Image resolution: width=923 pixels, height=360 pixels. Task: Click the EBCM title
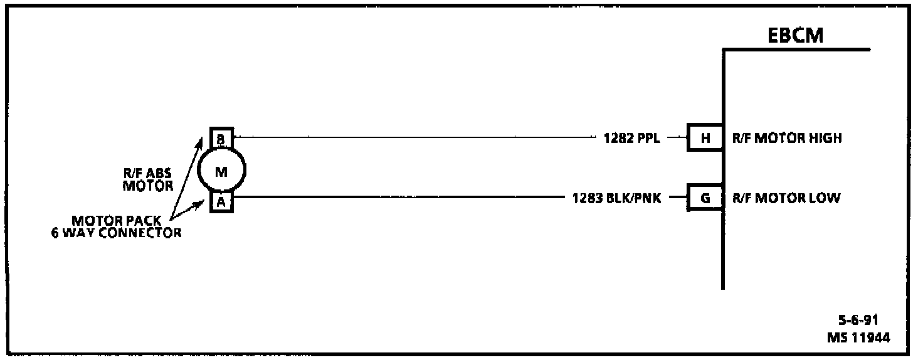coord(796,36)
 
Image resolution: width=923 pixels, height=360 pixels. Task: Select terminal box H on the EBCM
coord(705,138)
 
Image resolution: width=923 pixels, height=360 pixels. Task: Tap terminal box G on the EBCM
coord(705,199)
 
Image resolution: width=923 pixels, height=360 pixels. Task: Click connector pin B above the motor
coord(221,139)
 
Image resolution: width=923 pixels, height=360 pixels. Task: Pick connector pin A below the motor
coord(221,202)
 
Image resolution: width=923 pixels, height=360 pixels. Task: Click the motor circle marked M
coord(221,170)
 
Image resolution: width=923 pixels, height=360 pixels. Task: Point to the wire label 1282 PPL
coord(631,139)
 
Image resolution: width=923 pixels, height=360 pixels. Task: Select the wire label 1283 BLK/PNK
coord(616,199)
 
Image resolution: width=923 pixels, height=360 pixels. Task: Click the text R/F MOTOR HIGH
coord(787,138)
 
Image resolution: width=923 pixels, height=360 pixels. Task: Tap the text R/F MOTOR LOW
coord(786,199)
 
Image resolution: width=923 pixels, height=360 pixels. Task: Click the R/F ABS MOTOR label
coord(147,180)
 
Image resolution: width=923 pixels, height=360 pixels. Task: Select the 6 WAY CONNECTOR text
coord(117,233)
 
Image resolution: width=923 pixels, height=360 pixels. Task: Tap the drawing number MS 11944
coord(857,338)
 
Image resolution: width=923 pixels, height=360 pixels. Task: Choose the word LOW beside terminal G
coord(826,199)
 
